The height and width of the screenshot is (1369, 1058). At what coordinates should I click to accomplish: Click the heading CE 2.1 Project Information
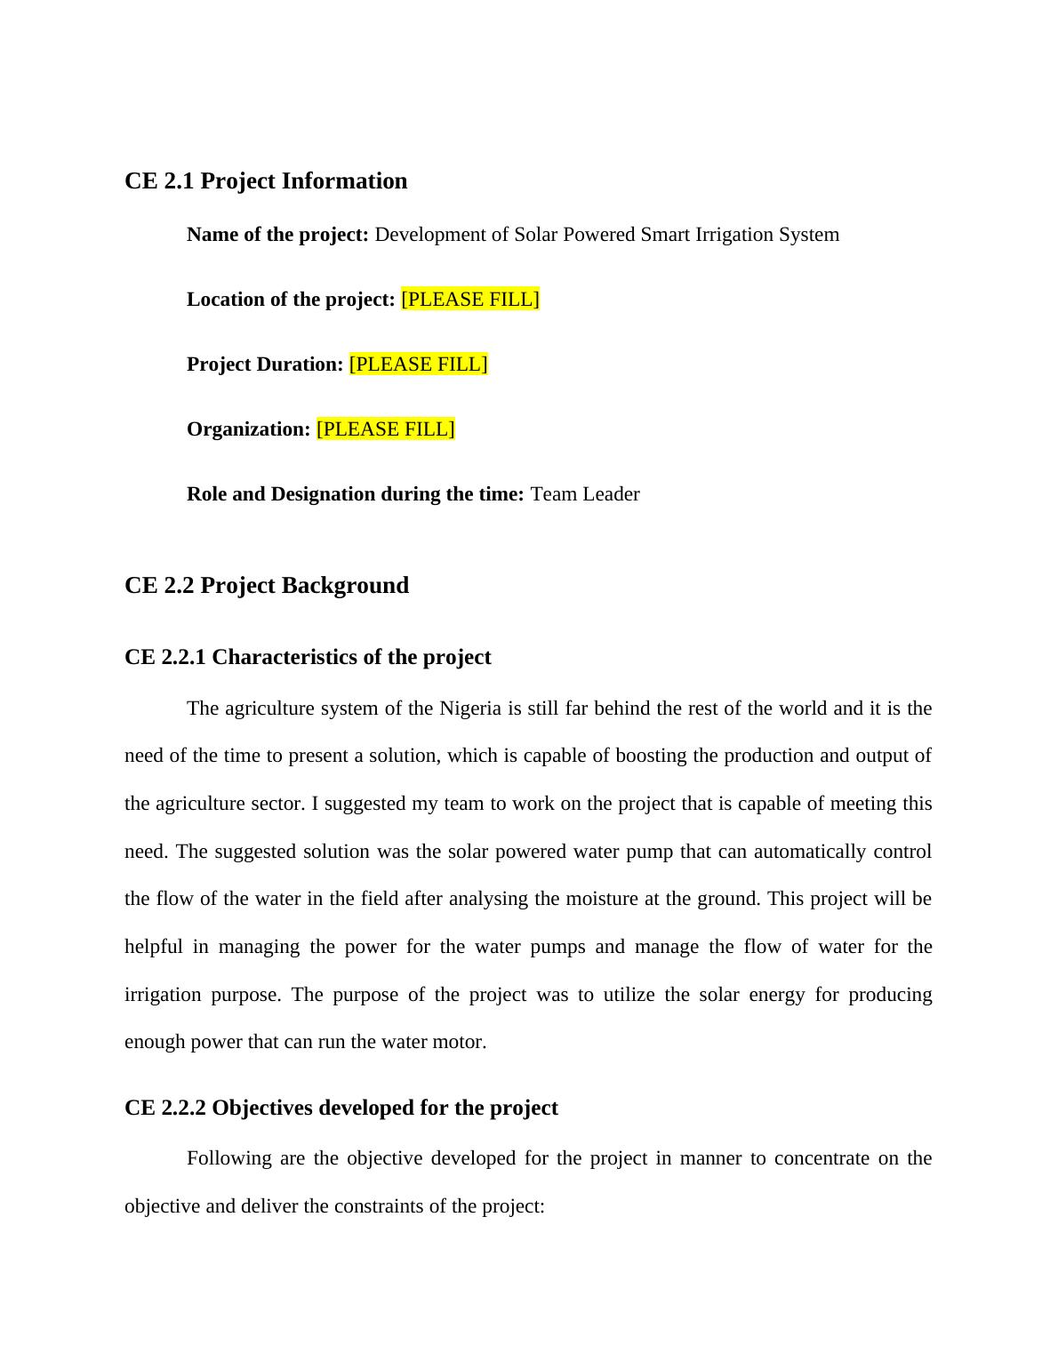pyautogui.click(x=266, y=181)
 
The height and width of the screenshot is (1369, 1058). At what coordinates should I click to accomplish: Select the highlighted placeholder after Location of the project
pyautogui.click(x=470, y=300)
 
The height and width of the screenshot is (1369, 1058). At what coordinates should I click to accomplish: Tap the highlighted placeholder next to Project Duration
pyautogui.click(x=418, y=364)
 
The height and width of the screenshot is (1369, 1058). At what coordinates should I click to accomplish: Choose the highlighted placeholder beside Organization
pyautogui.click(x=385, y=429)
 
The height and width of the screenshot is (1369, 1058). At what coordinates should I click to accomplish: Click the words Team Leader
pyautogui.click(x=585, y=494)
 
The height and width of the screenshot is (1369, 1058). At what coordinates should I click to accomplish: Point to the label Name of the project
pyautogui.click(x=277, y=235)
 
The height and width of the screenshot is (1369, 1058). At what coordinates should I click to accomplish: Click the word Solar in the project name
pyautogui.click(x=536, y=235)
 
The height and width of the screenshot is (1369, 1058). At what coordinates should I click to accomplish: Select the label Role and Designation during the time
pyautogui.click(x=355, y=494)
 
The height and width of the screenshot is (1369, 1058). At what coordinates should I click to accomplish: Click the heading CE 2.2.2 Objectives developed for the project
pyautogui.click(x=341, y=1108)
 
